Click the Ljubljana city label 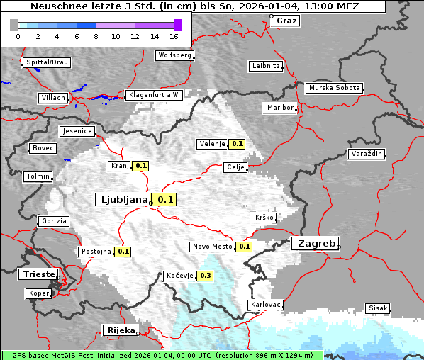pyautogui.click(x=123, y=200)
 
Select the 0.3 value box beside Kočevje pyautogui.click(x=205, y=276)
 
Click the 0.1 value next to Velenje pyautogui.click(x=237, y=144)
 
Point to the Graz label pyautogui.click(x=286, y=21)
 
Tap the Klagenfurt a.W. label pyautogui.click(x=154, y=95)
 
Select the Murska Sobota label pyautogui.click(x=334, y=89)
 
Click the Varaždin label pyautogui.click(x=367, y=154)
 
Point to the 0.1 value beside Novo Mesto pyautogui.click(x=244, y=247)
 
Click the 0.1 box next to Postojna pyautogui.click(x=123, y=252)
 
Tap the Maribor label pyautogui.click(x=279, y=108)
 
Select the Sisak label pyautogui.click(x=377, y=308)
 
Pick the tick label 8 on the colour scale pyautogui.click(x=96, y=35)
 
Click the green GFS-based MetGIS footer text pyautogui.click(x=162, y=355)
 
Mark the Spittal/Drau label pyautogui.click(x=47, y=62)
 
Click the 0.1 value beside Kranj pyautogui.click(x=140, y=166)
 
